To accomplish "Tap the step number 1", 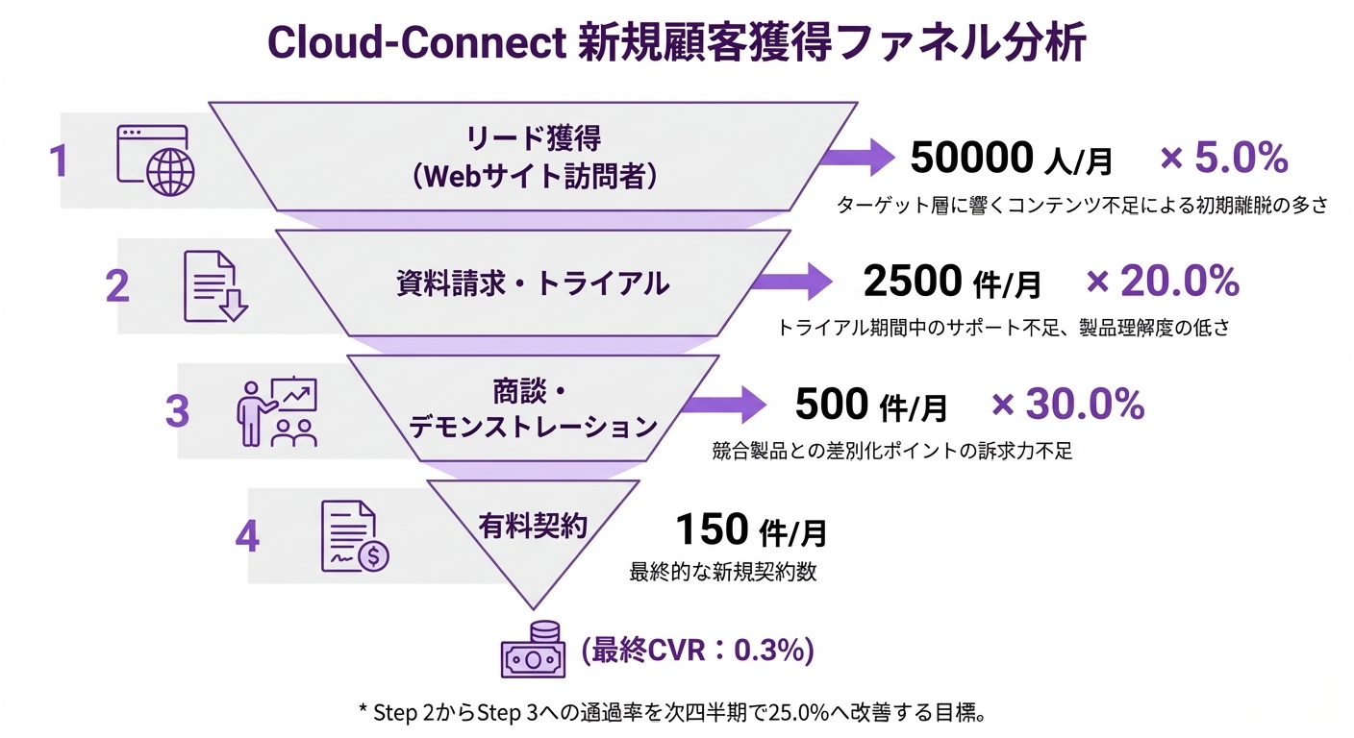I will (59, 160).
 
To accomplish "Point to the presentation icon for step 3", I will (277, 411).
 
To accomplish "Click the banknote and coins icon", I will (530, 651).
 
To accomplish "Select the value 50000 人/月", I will (1011, 159).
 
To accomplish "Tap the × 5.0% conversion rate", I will (1223, 158).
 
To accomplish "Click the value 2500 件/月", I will (952, 282).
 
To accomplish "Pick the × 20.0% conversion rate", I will (1163, 281).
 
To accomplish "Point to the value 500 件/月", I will (870, 405).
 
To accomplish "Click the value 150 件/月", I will (751, 529).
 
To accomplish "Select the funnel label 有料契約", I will (533, 526).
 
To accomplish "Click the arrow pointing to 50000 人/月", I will (861, 157).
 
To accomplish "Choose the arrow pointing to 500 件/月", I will (740, 405).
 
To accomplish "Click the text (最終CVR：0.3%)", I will (697, 651).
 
